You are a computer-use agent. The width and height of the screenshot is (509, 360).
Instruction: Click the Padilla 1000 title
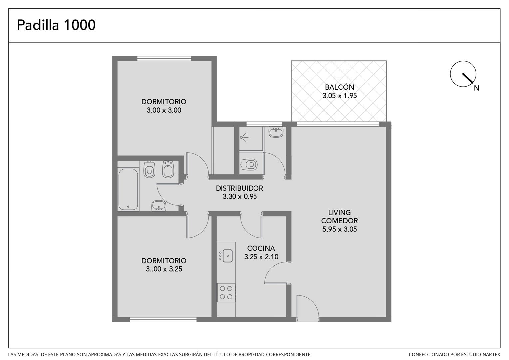click(56, 25)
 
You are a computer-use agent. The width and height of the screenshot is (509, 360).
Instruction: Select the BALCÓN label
click(340, 87)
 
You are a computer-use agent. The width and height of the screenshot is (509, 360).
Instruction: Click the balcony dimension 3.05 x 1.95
click(340, 96)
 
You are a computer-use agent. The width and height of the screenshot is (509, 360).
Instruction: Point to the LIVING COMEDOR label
click(339, 217)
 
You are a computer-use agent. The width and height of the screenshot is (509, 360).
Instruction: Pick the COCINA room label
click(261, 248)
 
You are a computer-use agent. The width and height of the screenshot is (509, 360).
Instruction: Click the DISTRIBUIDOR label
click(240, 188)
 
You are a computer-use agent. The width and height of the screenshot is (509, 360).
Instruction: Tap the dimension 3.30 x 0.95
click(240, 196)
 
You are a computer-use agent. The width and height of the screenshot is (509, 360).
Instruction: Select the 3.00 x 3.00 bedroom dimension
click(164, 110)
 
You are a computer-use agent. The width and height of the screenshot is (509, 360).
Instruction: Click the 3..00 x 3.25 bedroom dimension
click(164, 269)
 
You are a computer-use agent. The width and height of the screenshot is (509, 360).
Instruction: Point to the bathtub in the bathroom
click(128, 189)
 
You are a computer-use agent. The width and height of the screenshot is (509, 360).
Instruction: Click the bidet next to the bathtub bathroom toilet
click(168, 169)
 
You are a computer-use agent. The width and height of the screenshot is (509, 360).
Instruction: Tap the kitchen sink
click(227, 256)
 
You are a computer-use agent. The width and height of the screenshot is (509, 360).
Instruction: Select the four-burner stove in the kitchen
click(226, 292)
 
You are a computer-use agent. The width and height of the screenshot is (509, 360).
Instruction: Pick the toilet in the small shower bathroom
click(249, 164)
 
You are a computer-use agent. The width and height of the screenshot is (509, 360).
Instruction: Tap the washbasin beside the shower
click(276, 132)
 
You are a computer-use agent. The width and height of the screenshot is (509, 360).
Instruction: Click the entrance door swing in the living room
click(308, 308)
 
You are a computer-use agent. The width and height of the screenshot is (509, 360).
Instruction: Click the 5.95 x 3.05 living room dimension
click(339, 229)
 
